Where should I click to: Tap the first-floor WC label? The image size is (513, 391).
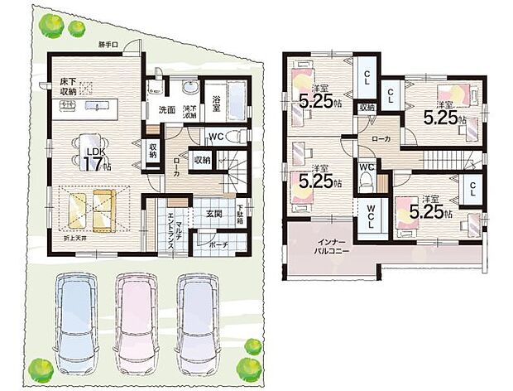(215, 137)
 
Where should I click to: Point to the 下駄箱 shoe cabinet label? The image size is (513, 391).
(241, 214)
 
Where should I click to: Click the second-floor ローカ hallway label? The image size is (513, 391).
(381, 139)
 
